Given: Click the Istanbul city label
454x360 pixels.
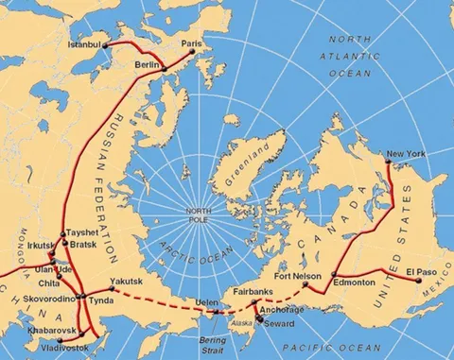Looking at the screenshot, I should point(84,43).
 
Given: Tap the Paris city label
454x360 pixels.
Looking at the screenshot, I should point(193,43).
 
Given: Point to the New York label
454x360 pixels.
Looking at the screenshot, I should point(406,154).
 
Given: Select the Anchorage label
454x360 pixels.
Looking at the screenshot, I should point(283,310).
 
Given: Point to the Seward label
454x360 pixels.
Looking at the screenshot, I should point(279,323).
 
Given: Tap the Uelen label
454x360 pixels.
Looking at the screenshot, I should point(207,301).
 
